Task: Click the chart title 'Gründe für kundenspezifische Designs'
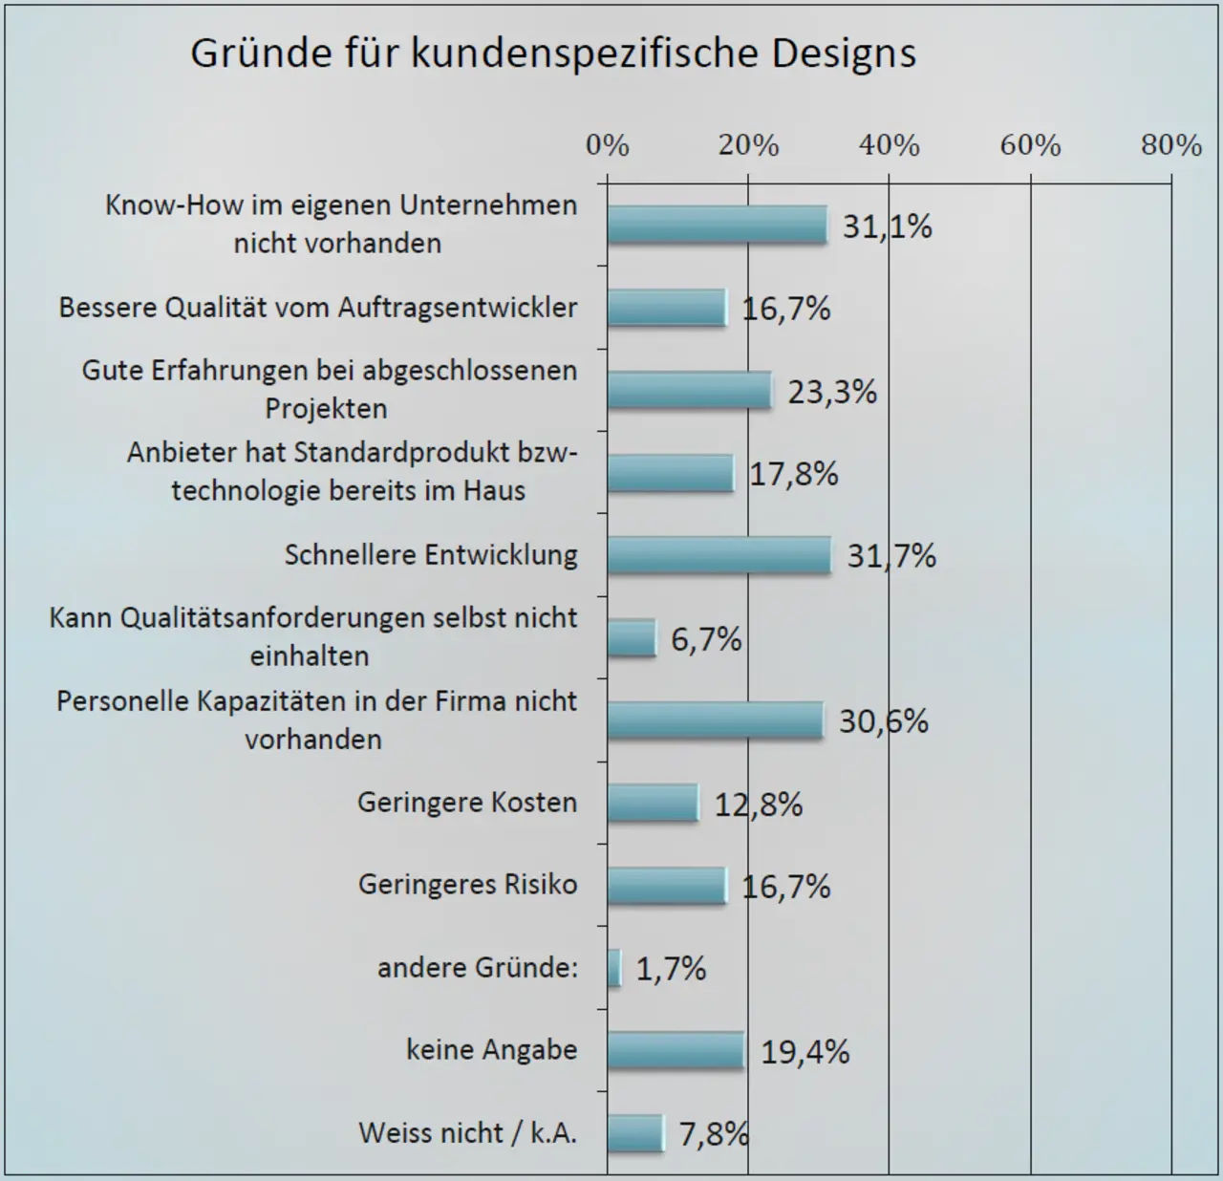(553, 54)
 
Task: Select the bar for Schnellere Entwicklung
(719, 555)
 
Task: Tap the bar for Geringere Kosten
(653, 803)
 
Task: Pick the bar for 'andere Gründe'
(614, 968)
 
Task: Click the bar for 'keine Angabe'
(675, 1051)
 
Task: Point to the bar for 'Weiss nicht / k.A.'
(634, 1133)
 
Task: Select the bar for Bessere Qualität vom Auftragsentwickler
(666, 308)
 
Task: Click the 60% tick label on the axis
(1030, 145)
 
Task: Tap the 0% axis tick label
(608, 145)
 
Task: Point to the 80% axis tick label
(1170, 145)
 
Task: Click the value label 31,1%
(887, 226)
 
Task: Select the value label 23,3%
(832, 392)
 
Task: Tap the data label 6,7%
(706, 639)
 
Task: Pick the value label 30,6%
(884, 721)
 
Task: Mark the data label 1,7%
(671, 970)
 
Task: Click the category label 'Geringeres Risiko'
(467, 885)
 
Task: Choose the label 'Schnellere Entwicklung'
(431, 555)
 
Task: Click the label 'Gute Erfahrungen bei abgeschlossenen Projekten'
(329, 389)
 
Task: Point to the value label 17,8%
(793, 474)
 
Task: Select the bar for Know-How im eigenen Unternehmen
(717, 225)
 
